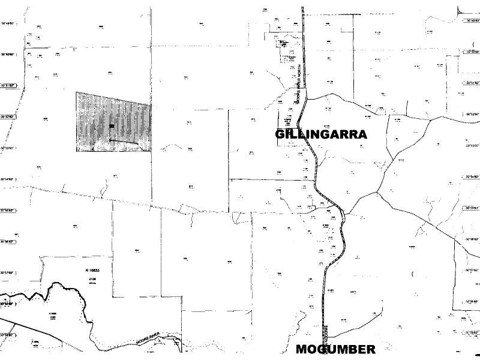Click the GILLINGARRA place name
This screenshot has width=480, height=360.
[x=321, y=134]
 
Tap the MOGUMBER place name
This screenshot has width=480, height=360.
[x=335, y=349]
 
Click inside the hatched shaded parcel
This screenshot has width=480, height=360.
[x=96, y=114]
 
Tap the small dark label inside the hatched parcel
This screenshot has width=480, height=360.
[x=112, y=126]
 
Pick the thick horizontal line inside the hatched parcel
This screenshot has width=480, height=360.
[x=124, y=142]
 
